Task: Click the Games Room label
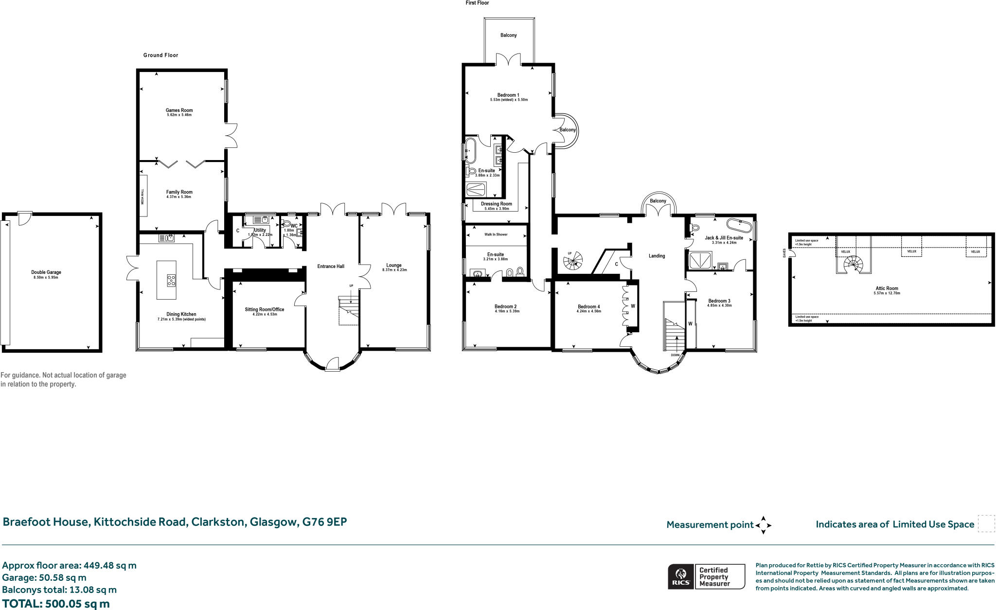[179, 110]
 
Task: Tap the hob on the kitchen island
[171, 280]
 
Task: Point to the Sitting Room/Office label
[265, 309]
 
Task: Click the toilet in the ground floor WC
[286, 224]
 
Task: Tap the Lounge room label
[394, 265]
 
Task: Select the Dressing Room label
[496, 204]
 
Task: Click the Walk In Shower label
[496, 234]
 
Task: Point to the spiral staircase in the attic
[853, 265]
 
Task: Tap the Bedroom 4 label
[588, 306]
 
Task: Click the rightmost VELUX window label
[975, 251]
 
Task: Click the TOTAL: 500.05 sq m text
[56, 604]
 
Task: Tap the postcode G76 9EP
[324, 522]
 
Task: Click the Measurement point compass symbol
[763, 525]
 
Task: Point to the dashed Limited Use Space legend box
[986, 524]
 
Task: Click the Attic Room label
[887, 288]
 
